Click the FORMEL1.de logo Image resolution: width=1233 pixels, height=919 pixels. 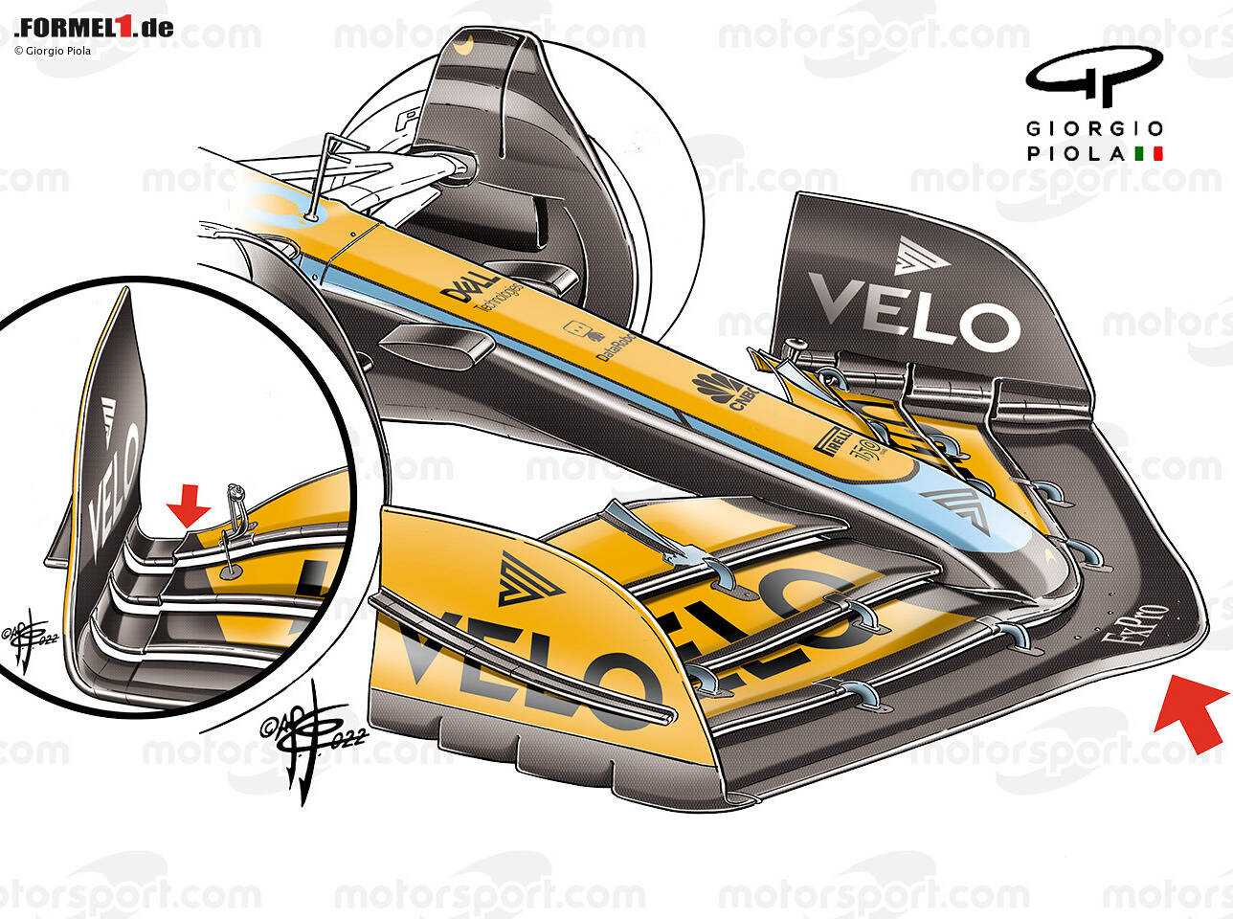pos(94,27)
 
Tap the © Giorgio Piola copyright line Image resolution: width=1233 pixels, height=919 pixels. pos(53,51)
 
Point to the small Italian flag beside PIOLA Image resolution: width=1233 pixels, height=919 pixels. pos(1148,153)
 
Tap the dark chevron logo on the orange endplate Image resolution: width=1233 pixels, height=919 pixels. pos(527,579)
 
